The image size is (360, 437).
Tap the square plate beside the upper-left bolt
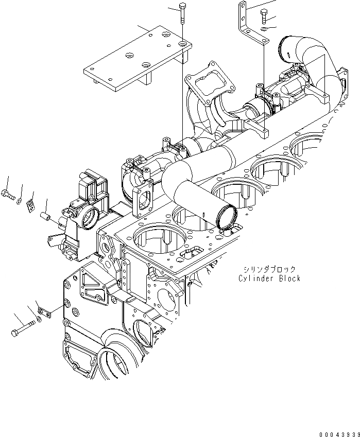30,205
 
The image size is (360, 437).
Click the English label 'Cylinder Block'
269,278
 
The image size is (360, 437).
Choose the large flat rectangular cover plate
136,57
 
